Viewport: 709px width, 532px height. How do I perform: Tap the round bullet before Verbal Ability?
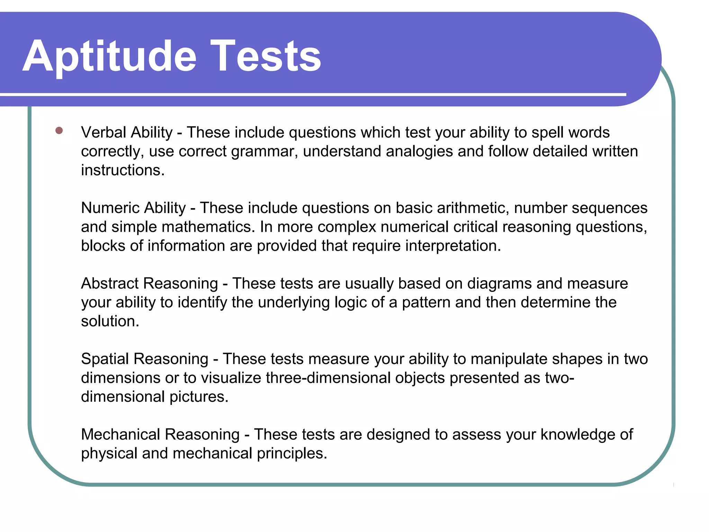[59, 131]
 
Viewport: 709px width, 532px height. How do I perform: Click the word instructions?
[122, 170]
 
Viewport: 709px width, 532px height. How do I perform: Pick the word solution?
[110, 321]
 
